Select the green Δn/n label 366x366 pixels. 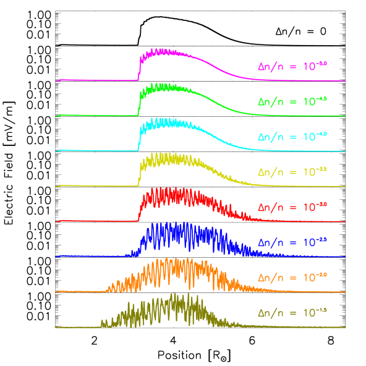[x=292, y=100]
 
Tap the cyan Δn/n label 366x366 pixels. [x=292, y=135]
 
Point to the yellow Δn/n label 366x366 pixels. [x=292, y=171]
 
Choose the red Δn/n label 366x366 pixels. [x=292, y=206]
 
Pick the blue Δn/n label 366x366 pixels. [x=292, y=241]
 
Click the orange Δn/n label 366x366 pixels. [x=292, y=276]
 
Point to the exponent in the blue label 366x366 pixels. [x=322, y=239]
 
